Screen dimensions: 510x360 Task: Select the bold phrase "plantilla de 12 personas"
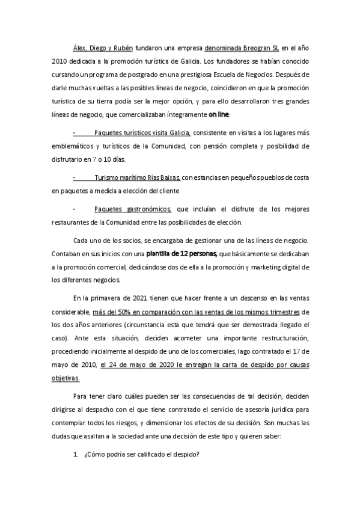[184, 253]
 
